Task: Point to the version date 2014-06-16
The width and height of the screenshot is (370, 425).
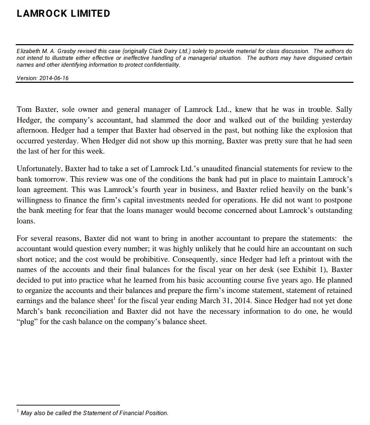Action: [x=54, y=78]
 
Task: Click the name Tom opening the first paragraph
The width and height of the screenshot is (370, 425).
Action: [x=24, y=110]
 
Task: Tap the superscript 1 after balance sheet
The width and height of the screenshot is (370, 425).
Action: [x=114, y=298]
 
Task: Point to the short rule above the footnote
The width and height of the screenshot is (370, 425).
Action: [x=68, y=405]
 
